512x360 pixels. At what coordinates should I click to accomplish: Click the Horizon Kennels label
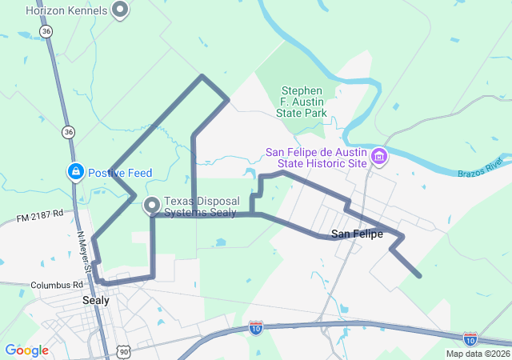click(x=67, y=10)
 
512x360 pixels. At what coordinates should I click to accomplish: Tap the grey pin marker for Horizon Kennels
click(x=121, y=10)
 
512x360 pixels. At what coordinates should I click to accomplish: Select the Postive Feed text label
click(x=122, y=171)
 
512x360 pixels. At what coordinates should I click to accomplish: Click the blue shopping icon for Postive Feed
click(x=75, y=171)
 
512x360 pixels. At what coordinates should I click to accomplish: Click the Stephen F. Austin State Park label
click(x=302, y=102)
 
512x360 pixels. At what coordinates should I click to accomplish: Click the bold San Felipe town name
click(x=357, y=234)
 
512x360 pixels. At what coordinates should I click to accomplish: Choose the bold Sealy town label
click(x=96, y=301)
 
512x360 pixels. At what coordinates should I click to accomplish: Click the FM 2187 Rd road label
click(x=39, y=218)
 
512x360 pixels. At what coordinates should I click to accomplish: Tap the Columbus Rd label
click(x=57, y=285)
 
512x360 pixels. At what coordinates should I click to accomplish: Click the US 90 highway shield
click(x=122, y=350)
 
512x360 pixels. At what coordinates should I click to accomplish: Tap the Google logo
click(x=26, y=350)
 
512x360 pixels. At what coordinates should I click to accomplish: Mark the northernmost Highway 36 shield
click(x=46, y=31)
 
